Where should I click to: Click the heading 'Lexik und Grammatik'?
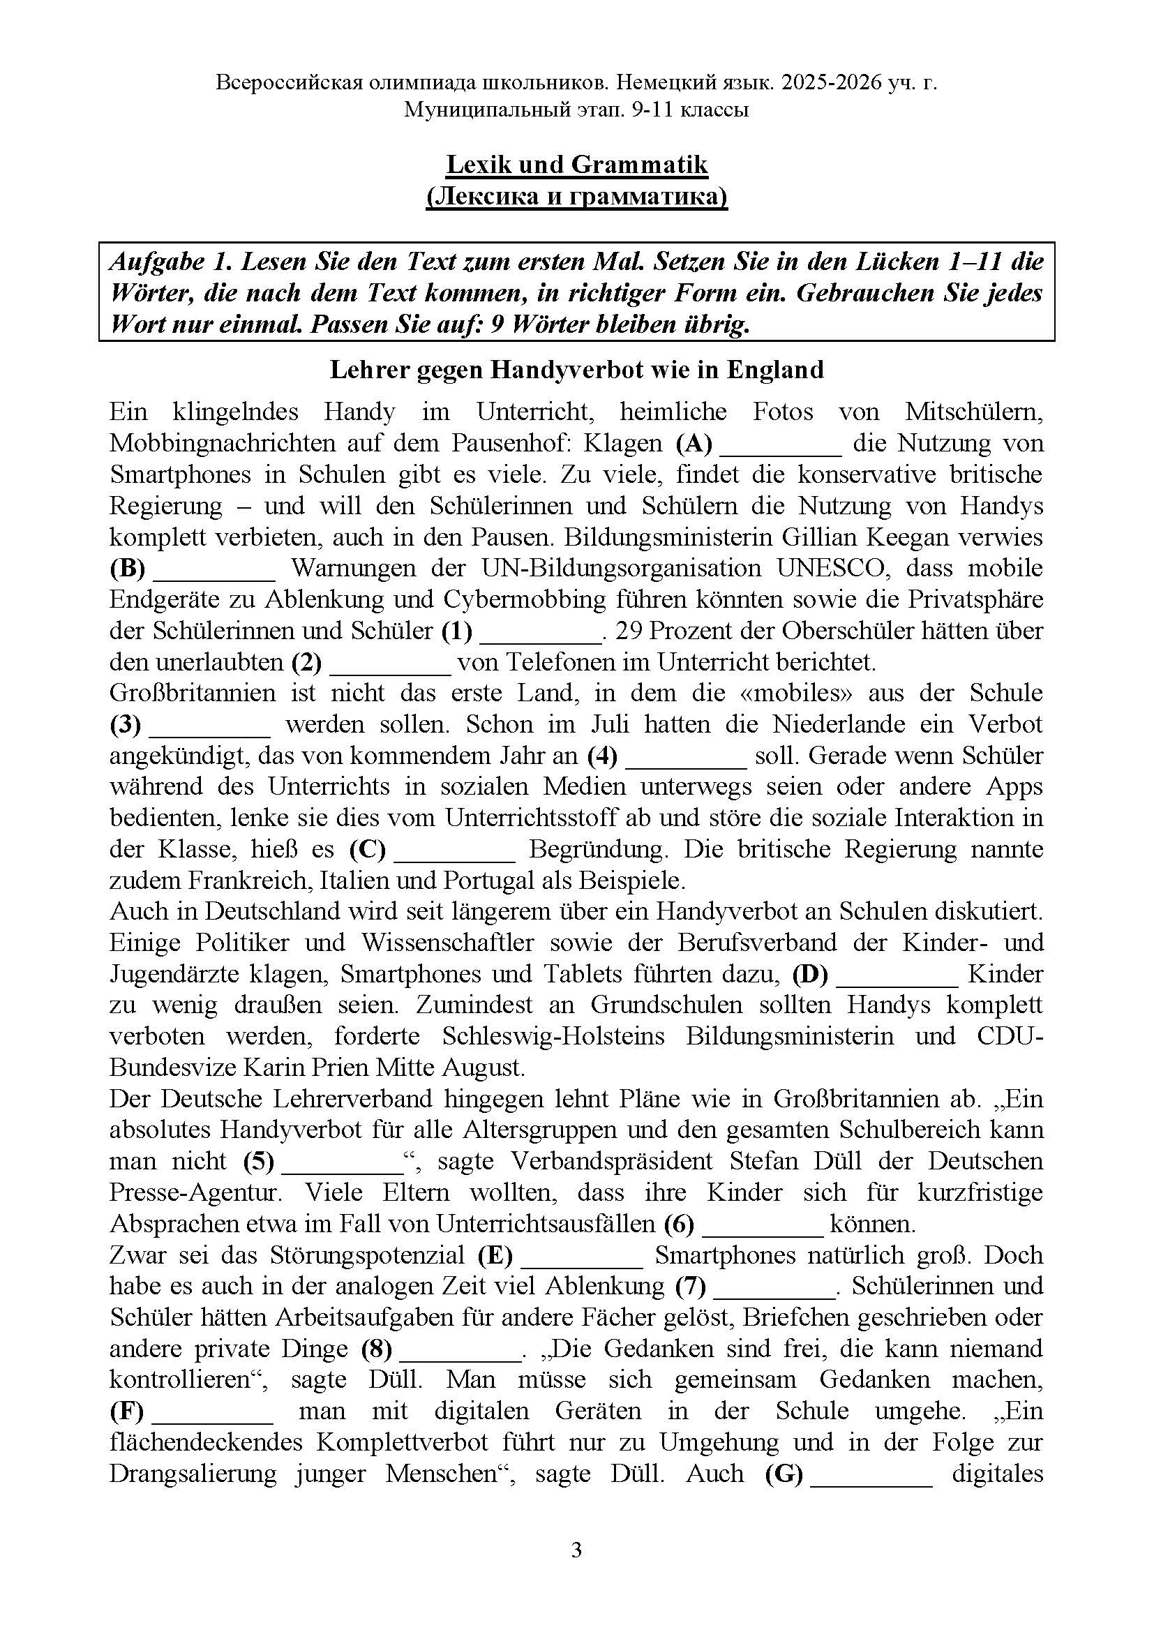point(576,164)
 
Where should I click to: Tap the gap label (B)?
point(128,569)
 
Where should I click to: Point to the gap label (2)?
point(306,662)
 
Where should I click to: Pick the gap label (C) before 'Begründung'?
point(368,849)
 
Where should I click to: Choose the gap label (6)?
point(679,1224)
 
